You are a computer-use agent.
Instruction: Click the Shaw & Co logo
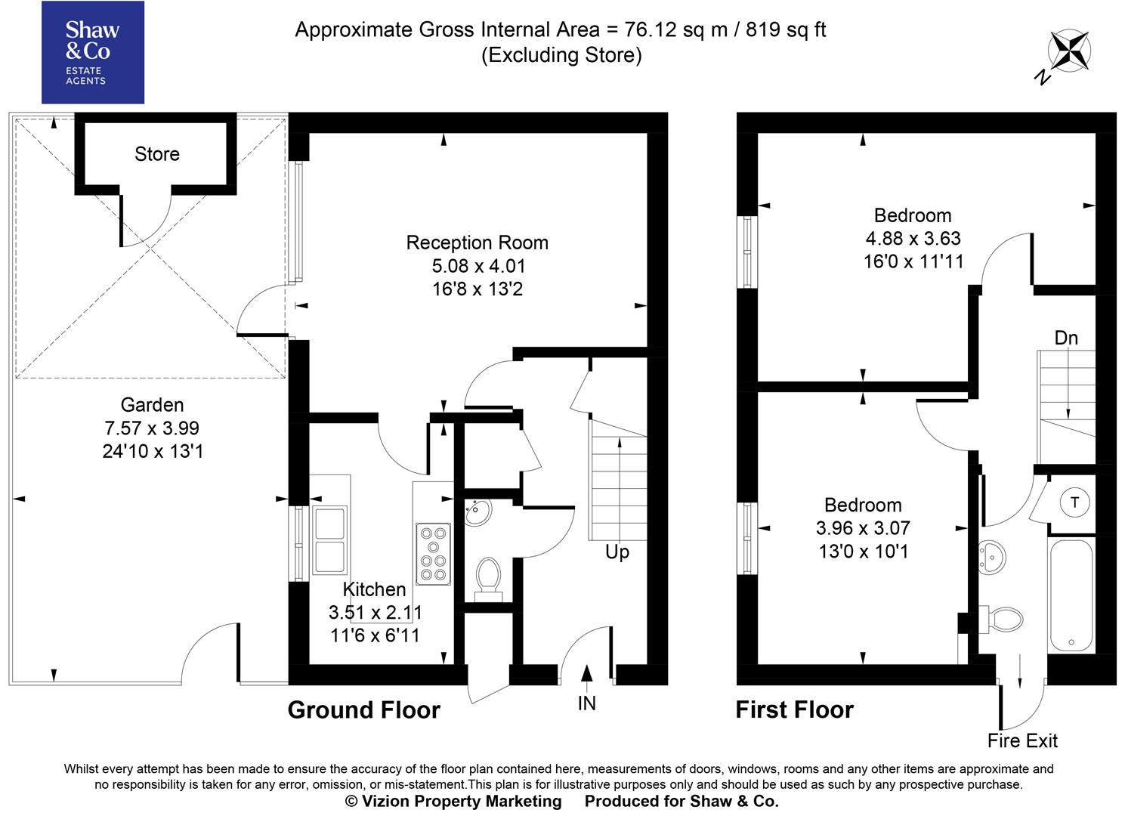[x=92, y=52]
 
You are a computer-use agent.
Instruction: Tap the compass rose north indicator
[x=1067, y=54]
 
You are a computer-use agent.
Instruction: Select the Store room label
[x=157, y=154]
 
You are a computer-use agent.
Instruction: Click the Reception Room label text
[x=477, y=243]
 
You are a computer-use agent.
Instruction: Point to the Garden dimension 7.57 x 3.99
[x=152, y=428]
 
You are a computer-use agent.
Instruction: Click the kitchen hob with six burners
[x=433, y=554]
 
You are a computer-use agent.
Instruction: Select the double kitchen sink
[x=330, y=539]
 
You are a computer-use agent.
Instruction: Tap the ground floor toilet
[x=488, y=577]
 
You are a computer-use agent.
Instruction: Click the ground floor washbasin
[x=478, y=512]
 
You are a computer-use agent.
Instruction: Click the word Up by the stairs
[x=617, y=552]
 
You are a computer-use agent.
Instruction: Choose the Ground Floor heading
[x=363, y=710]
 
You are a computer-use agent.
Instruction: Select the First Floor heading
[x=794, y=710]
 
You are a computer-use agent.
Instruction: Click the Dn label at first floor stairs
[x=1065, y=338]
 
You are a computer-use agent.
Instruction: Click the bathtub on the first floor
[x=1071, y=595]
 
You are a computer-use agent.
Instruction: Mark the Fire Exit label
[x=1022, y=741]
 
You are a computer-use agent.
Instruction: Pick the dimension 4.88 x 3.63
[x=913, y=239]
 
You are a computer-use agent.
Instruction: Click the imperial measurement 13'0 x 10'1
[x=863, y=552]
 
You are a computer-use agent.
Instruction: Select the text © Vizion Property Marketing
[x=453, y=802]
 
